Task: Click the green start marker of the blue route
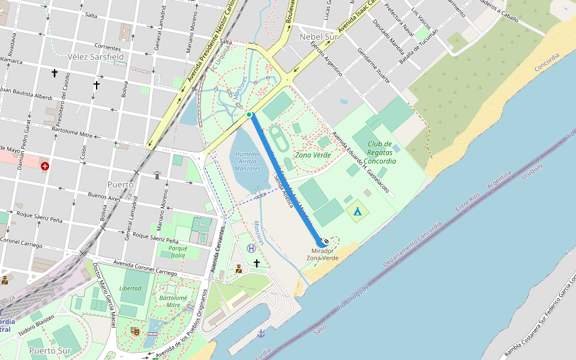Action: (249, 114)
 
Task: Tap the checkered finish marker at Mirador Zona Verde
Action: (325, 241)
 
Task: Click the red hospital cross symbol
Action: (45, 166)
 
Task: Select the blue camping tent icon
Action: (358, 211)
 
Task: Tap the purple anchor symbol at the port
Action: (261, 333)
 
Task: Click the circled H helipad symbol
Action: (251, 248)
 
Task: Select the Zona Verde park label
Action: (313, 155)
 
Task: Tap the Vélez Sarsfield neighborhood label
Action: (96, 57)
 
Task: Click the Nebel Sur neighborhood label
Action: (319, 37)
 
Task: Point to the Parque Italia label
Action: (178, 252)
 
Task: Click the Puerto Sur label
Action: (49, 350)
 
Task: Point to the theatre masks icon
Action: (135, 331)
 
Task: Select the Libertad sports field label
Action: (130, 288)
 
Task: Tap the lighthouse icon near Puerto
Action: (158, 175)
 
